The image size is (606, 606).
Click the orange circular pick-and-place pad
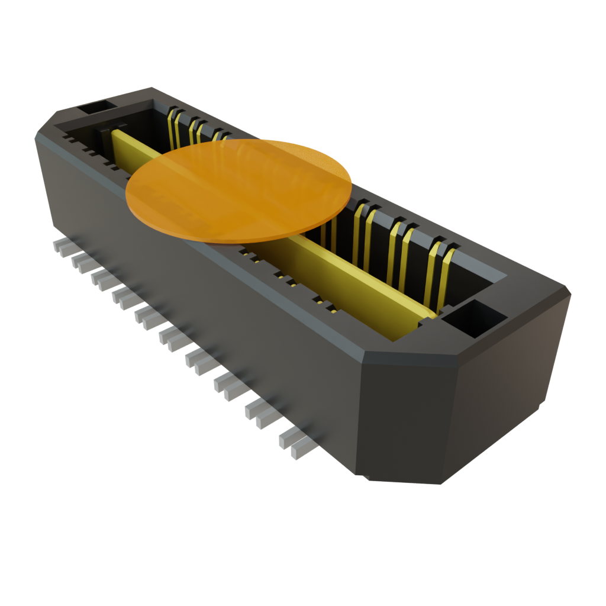pyautogui.click(x=240, y=186)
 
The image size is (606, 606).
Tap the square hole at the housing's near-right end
pyautogui.click(x=473, y=317)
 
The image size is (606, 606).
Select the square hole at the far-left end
pyautogui.click(x=95, y=108)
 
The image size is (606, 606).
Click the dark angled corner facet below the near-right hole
pyautogui.click(x=408, y=414)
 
